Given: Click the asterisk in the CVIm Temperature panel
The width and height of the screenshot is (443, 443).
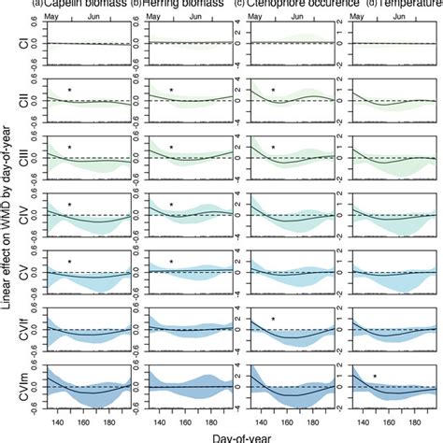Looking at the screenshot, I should pos(376,378).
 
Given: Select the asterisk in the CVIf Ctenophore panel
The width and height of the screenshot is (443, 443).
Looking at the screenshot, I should pos(273,320).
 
